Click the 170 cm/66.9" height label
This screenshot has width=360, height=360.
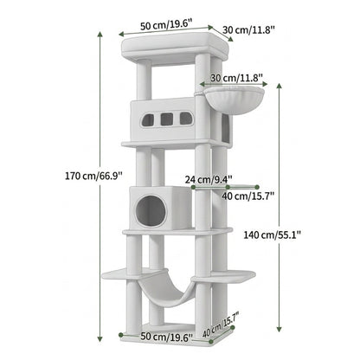(94, 176)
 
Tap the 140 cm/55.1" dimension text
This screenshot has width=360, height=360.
(273, 235)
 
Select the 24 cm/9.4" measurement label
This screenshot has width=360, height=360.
(209, 179)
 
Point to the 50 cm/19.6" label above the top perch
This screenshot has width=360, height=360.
(166, 25)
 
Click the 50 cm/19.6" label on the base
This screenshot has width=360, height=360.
(166, 337)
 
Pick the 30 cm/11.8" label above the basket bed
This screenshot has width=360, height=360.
(236, 78)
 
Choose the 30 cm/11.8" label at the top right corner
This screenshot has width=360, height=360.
(248, 29)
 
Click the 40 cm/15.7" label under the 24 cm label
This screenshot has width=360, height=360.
(247, 196)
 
